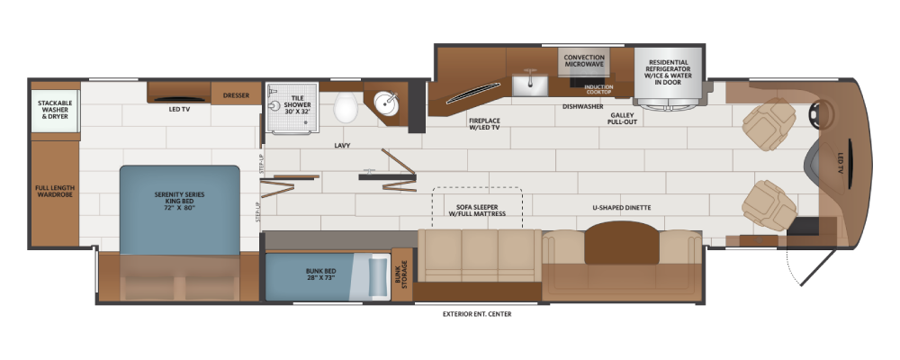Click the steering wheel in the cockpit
pyautogui.click(x=822, y=113)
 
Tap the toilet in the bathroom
pyautogui.click(x=346, y=107)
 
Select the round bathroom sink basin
pyautogui.click(x=386, y=103)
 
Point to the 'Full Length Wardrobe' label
pyautogui.click(x=55, y=191)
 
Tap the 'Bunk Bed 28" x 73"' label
pyautogui.click(x=321, y=274)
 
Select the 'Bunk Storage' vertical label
pyautogui.click(x=401, y=274)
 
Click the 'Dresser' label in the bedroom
pyautogui.click(x=236, y=95)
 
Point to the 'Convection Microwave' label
pyautogui.click(x=584, y=61)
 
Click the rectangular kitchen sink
pyautogui.click(x=530, y=84)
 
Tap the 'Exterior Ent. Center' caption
pyautogui.click(x=477, y=314)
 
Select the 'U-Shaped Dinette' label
pyautogui.click(x=622, y=207)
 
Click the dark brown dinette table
pyautogui.click(x=622, y=242)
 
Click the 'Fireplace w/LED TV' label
pyautogui.click(x=484, y=124)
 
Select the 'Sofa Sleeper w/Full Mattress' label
pyautogui.click(x=477, y=210)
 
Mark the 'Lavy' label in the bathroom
pyautogui.click(x=342, y=145)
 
